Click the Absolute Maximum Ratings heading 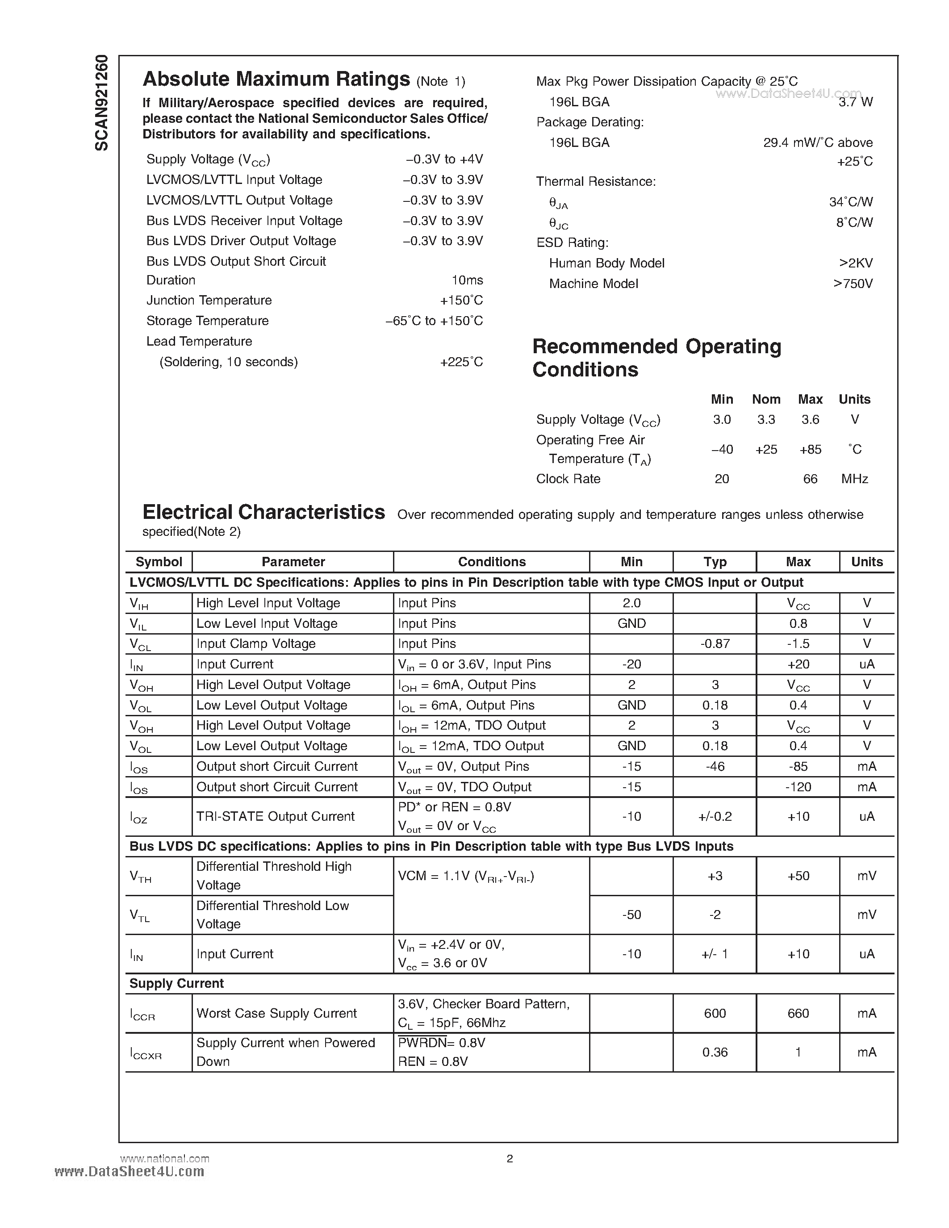coord(276,79)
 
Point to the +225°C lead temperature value coord(461,362)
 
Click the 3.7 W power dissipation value coord(855,102)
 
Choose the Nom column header coord(766,399)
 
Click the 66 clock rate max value coord(810,479)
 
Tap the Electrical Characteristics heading coord(263,512)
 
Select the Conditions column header coord(491,562)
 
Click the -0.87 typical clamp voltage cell coord(715,644)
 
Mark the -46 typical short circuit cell coord(715,766)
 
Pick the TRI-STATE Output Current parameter coord(275,816)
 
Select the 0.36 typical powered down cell coord(715,1052)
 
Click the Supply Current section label coord(176,983)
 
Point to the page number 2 coord(510,1159)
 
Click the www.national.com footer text coord(165,1159)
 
